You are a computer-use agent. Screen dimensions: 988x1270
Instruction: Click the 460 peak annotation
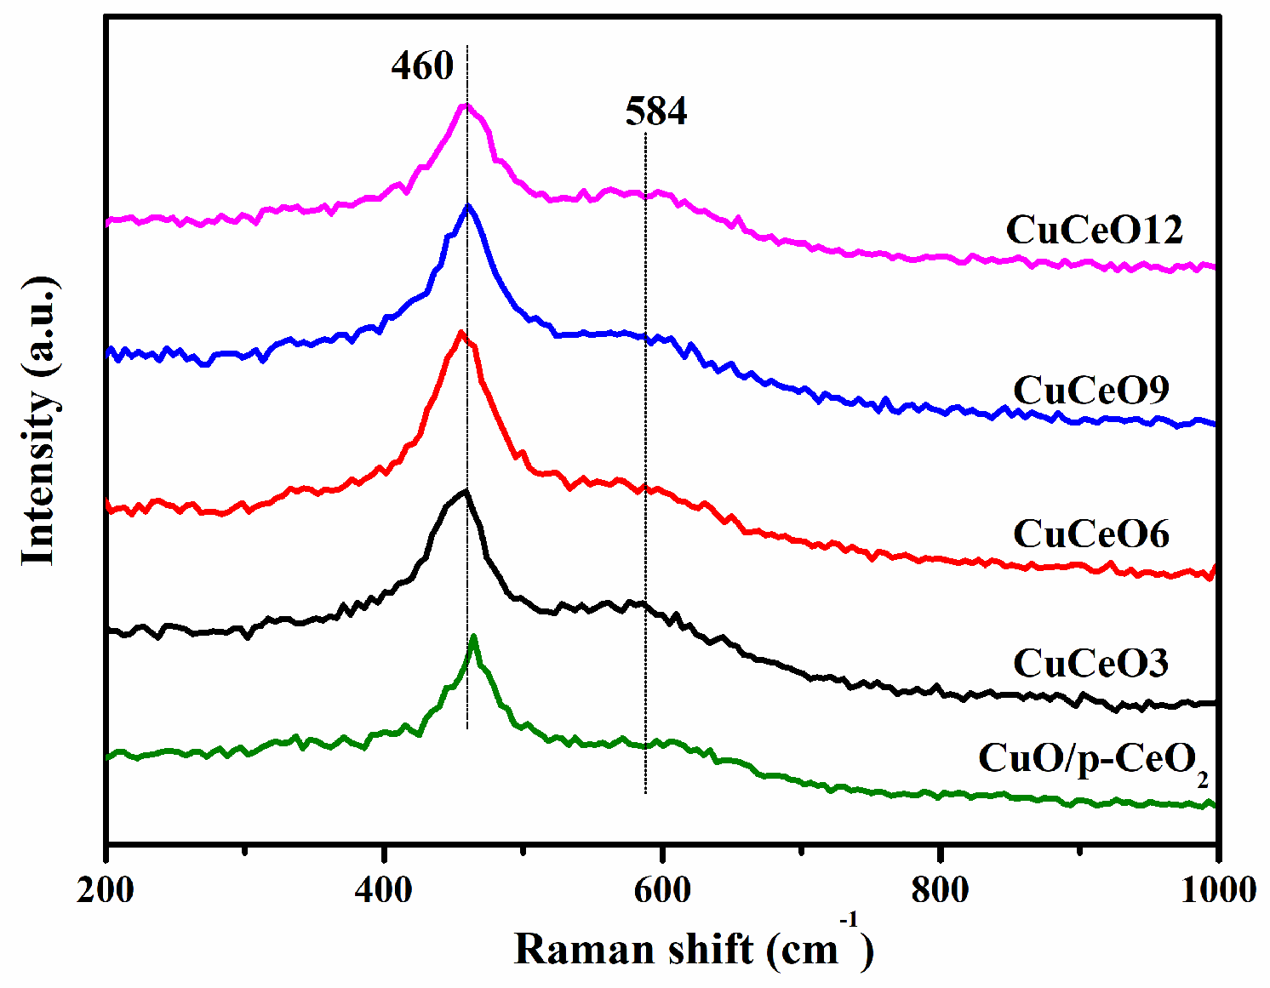pos(422,66)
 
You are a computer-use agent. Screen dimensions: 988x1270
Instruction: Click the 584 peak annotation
pos(655,111)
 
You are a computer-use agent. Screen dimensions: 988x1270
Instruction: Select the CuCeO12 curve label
pos(1094,230)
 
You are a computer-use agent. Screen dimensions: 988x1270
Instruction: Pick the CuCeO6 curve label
pos(1090,534)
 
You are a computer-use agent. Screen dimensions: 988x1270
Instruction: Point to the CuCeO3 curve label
pos(1090,663)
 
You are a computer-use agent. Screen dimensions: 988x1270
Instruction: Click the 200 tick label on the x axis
pos(106,889)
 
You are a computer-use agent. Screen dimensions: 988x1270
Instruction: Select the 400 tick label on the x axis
pos(384,889)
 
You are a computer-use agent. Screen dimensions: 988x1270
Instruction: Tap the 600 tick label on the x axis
pos(662,889)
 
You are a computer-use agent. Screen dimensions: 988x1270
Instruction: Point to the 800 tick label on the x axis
pos(940,889)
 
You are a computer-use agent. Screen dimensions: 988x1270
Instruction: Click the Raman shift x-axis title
pos(693,950)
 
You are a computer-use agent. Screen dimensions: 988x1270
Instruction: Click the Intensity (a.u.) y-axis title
pos(39,421)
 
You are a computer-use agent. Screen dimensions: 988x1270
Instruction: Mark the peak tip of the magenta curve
pos(464,106)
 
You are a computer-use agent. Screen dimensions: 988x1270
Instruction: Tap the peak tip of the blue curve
pos(467,206)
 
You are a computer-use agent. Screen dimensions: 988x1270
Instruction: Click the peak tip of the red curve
pos(461,333)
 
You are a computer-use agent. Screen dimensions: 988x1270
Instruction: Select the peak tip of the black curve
pos(465,491)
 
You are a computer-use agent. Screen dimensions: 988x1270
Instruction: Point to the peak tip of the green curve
pos(473,637)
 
